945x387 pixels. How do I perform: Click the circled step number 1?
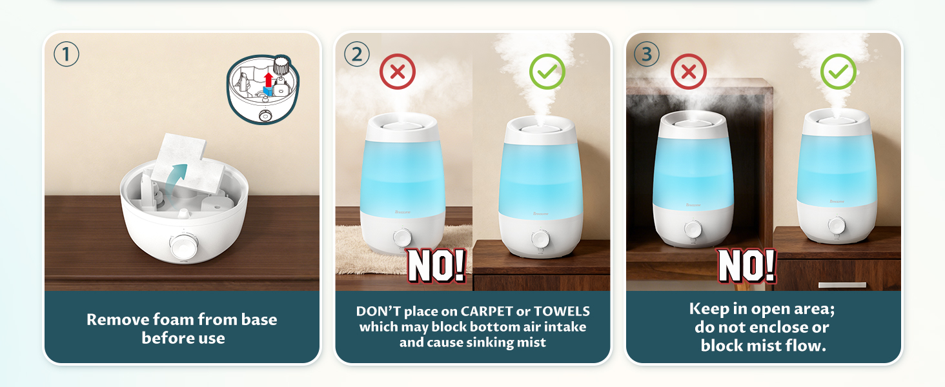tap(66, 54)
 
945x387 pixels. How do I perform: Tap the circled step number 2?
tap(357, 54)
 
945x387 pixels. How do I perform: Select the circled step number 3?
tap(647, 54)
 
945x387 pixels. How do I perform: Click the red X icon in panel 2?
tap(398, 72)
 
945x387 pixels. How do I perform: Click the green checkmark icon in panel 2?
tap(547, 72)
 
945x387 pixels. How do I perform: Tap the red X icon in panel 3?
tap(689, 72)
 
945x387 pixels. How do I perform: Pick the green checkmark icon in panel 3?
tap(838, 72)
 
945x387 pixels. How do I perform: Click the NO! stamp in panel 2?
tap(436, 264)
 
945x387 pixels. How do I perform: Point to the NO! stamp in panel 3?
tap(746, 264)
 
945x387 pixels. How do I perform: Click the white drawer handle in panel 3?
tap(842, 284)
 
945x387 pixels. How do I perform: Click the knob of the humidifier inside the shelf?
tap(692, 229)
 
